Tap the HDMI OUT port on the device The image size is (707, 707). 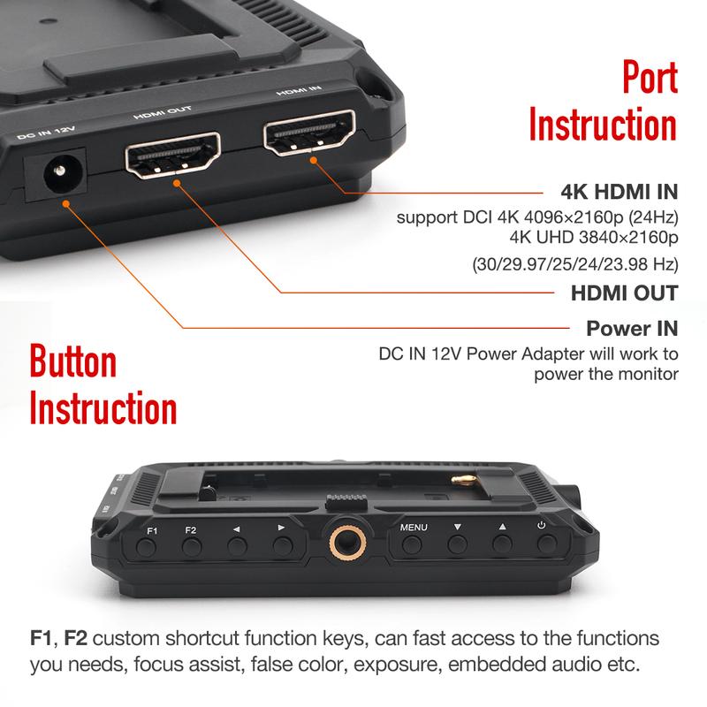(x=173, y=156)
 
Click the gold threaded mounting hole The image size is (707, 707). (x=339, y=540)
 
